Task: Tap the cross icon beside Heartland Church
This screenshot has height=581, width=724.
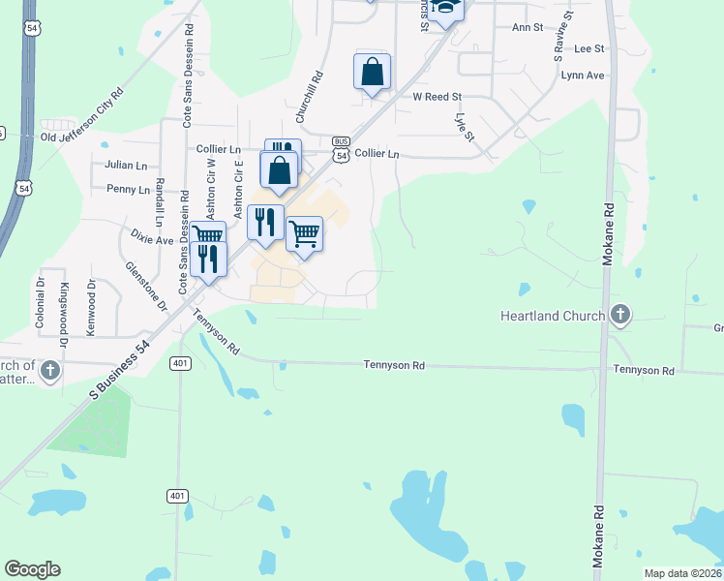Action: [620, 315]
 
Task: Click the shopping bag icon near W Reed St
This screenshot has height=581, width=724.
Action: [372, 71]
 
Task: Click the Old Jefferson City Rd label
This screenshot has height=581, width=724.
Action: [81, 118]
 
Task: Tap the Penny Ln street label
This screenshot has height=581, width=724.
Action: [128, 189]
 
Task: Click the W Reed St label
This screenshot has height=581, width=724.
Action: [437, 97]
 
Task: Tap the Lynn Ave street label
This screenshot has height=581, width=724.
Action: [582, 75]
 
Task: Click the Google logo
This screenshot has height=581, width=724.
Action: [33, 569]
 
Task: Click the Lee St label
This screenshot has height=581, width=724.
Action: [588, 48]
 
